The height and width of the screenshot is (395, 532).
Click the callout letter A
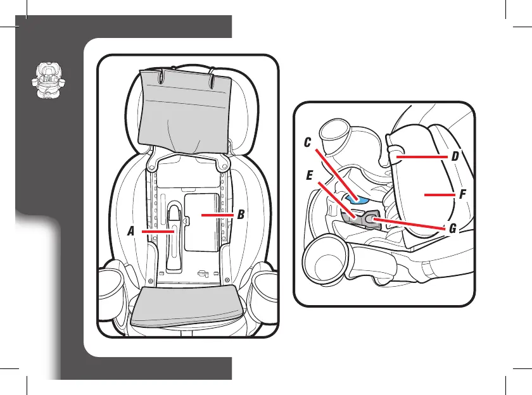coord(131,232)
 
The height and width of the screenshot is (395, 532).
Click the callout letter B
coord(240,215)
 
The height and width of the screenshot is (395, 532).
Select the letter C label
coord(307,144)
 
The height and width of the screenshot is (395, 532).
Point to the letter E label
coord(310,176)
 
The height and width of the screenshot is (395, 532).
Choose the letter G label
coord(453,229)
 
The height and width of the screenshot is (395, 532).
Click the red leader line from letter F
coord(440,196)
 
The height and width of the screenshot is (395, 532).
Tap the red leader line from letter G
coord(412,224)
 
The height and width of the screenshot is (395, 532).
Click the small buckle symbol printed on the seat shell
coord(204,274)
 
